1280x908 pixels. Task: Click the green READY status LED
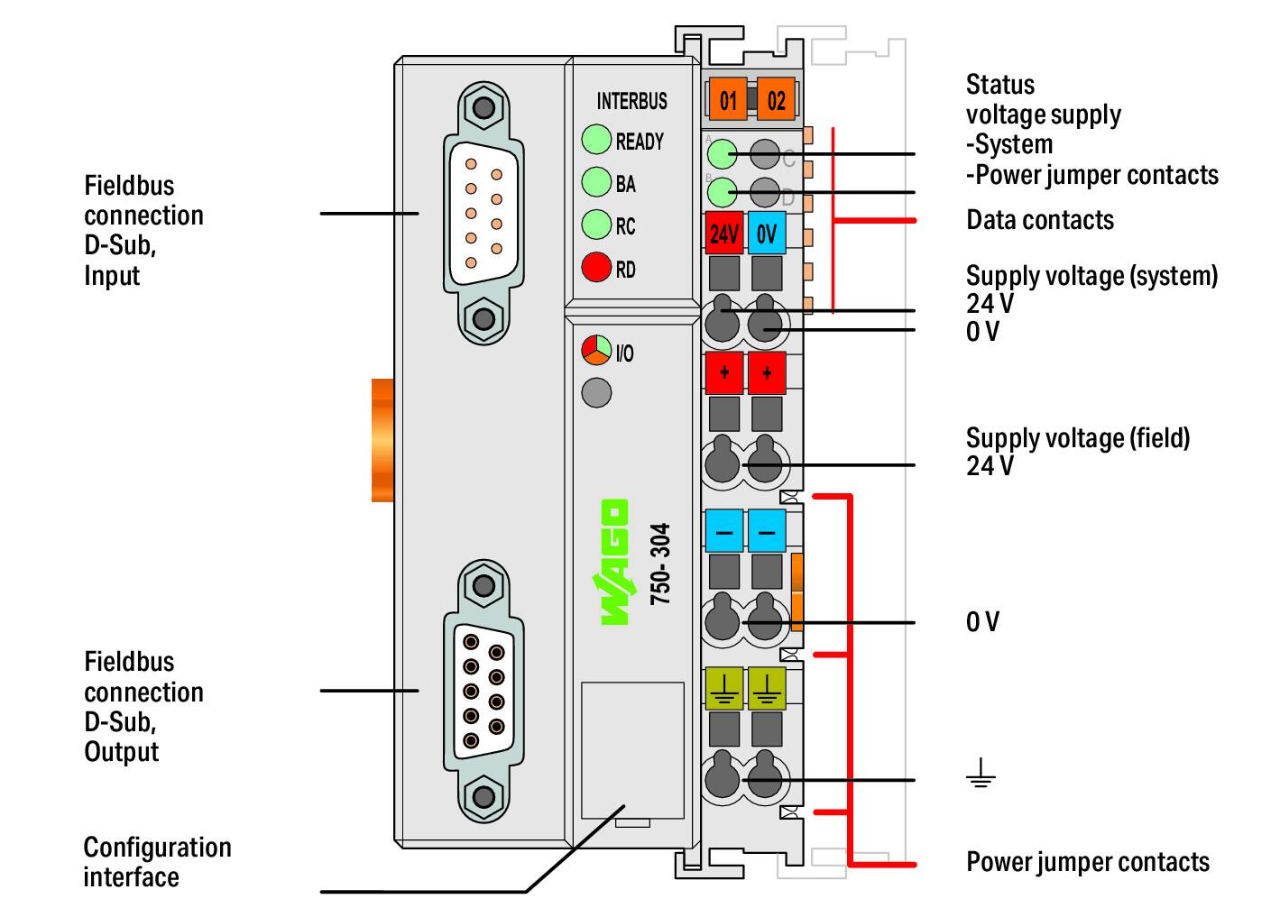coord(596,140)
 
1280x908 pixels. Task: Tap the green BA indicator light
coord(596,182)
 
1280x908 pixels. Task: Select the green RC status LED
coord(596,225)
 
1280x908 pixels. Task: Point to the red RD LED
coord(596,267)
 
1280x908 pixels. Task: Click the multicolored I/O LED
coord(596,350)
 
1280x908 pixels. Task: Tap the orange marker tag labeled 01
coord(728,99)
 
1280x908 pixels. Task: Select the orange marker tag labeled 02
coord(776,99)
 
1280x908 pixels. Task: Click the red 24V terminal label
coord(724,233)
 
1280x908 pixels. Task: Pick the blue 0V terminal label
coord(767,233)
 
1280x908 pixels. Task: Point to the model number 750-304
coord(660,564)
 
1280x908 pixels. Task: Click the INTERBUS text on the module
coord(632,102)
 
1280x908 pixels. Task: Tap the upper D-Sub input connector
coord(484,213)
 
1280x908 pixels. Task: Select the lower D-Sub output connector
coord(484,691)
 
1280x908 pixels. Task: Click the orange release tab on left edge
coord(382,440)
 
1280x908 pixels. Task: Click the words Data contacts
coord(1040,220)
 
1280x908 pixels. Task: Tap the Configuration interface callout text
coord(157,862)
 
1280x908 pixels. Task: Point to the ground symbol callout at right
coord(981,773)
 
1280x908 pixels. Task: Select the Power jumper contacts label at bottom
coord(1088,862)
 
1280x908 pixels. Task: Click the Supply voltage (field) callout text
coord(1078,452)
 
